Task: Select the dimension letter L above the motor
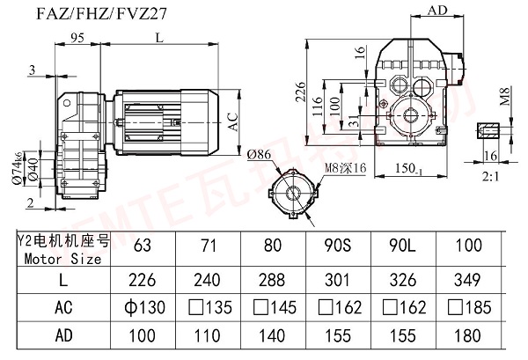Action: coord(158,38)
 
